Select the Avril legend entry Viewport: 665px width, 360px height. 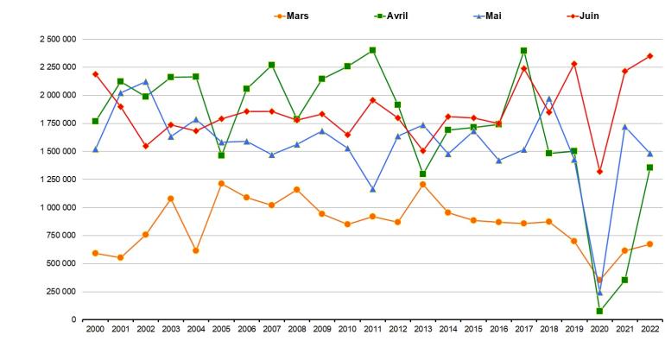tap(394, 16)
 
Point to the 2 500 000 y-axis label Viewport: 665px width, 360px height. tap(54, 39)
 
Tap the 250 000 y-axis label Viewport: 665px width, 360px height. tap(59, 292)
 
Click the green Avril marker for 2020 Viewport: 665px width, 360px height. tap(599, 311)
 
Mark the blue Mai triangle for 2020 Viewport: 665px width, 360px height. tap(599, 293)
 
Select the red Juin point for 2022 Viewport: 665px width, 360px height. tap(649, 56)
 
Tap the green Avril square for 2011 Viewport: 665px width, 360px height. tap(372, 50)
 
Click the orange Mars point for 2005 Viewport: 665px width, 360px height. tap(221, 183)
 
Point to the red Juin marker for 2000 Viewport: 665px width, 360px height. tap(95, 74)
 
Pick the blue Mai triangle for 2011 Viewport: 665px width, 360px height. tap(372, 189)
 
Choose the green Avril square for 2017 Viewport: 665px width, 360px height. tap(523, 51)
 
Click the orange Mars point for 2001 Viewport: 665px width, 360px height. tap(120, 257)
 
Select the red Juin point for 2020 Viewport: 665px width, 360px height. tap(599, 172)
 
